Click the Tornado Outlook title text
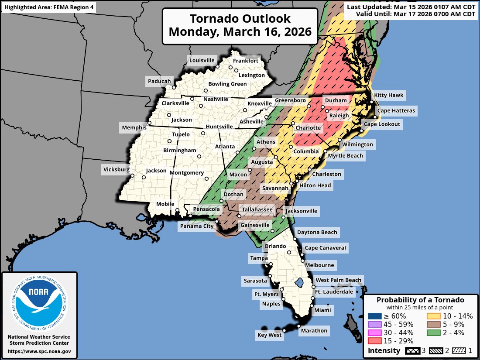(x=240, y=19)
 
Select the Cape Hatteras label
(x=396, y=110)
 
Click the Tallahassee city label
(x=257, y=210)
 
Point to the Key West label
(x=269, y=335)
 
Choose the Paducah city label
(x=159, y=81)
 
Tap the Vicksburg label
(x=117, y=169)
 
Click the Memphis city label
(x=134, y=127)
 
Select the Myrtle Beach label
(x=345, y=155)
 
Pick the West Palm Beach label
(x=339, y=280)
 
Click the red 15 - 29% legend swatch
(x=374, y=341)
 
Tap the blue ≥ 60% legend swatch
(x=374, y=316)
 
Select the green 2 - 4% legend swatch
(x=433, y=333)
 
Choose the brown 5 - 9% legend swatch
(x=433, y=324)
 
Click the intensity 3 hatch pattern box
(x=412, y=351)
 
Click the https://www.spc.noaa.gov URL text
(x=39, y=351)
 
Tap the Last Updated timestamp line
(x=411, y=7)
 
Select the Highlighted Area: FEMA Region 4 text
(x=48, y=7)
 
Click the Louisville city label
(x=202, y=60)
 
